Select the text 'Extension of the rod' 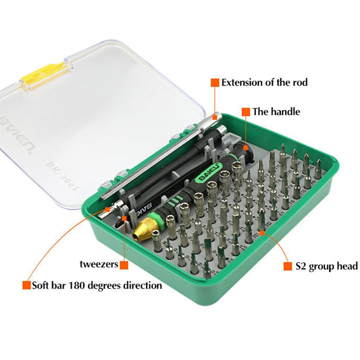[265, 82]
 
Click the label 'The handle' [276, 112]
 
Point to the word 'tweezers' [99, 264]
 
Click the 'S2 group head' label [326, 266]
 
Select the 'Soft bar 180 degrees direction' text [97, 285]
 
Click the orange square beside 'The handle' [246, 112]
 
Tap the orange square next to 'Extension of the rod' [215, 82]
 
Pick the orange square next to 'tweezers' [124, 265]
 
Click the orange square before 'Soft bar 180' [27, 285]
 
